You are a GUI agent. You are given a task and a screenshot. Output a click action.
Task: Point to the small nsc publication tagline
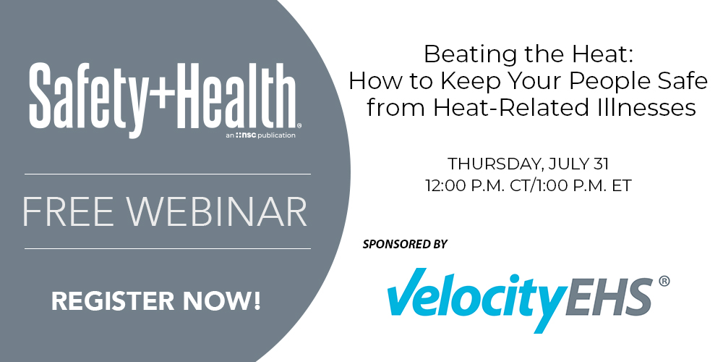[260, 135]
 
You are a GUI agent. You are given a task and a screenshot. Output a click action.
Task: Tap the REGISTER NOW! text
[155, 300]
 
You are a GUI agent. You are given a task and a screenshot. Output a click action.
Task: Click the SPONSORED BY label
[405, 244]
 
